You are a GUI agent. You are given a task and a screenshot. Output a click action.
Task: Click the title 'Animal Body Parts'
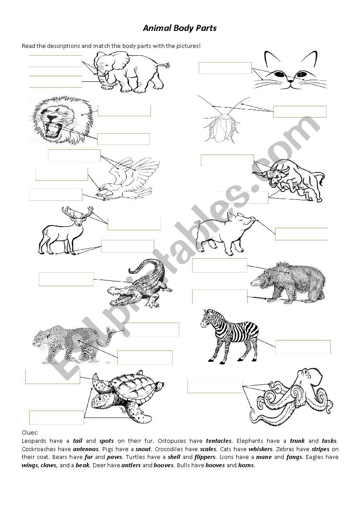(180, 28)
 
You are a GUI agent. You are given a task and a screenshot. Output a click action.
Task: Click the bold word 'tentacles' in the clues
(219, 441)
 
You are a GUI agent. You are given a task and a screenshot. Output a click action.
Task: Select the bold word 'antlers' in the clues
(131, 465)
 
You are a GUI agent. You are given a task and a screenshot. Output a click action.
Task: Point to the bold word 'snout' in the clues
(143, 449)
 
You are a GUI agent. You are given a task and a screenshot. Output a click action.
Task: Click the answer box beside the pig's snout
(302, 234)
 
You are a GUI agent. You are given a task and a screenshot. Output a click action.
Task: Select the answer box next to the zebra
(303, 347)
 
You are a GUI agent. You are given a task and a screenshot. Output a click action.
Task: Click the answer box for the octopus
(215, 386)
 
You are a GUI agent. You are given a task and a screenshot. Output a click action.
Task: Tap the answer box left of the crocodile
(66, 279)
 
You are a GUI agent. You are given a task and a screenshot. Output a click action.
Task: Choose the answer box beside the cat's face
(225, 68)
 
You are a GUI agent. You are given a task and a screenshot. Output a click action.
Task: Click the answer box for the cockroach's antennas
(300, 111)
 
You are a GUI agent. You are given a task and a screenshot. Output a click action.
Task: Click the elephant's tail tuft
(167, 65)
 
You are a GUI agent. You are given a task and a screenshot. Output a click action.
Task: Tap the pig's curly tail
(197, 222)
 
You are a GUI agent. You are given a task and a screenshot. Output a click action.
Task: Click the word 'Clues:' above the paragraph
(30, 432)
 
